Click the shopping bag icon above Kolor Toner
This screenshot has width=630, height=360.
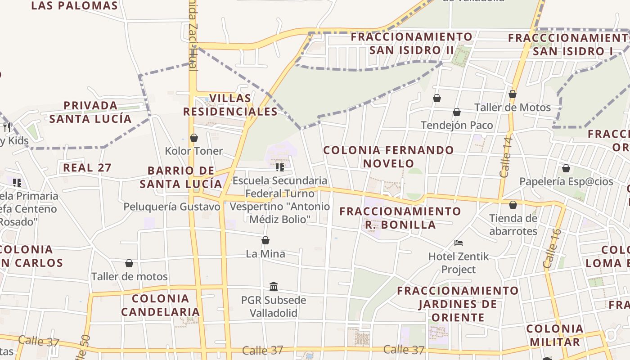point(194,138)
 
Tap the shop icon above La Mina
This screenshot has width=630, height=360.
point(265,241)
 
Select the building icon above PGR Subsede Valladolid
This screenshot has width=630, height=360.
point(274,287)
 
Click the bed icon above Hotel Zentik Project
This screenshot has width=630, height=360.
point(459,243)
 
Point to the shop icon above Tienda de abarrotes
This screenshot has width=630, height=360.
point(513,205)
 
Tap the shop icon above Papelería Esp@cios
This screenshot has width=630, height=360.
point(566,169)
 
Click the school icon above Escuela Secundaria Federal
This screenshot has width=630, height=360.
point(280,167)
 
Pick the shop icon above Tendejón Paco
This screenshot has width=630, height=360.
point(457,112)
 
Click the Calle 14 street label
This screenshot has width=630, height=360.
point(506,157)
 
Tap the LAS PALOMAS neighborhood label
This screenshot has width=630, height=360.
point(75,6)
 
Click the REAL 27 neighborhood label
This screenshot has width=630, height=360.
point(87,168)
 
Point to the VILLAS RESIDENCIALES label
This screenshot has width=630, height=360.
point(230,105)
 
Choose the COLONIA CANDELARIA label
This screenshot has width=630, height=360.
point(161,305)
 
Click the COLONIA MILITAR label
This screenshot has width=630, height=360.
point(555,335)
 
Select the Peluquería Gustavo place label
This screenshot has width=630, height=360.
point(172,207)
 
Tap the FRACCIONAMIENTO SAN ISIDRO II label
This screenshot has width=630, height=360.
point(412,43)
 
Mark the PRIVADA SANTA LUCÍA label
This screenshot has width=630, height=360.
point(90,112)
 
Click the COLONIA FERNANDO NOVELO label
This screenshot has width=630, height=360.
point(389,157)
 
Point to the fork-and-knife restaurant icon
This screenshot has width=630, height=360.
point(7,127)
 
